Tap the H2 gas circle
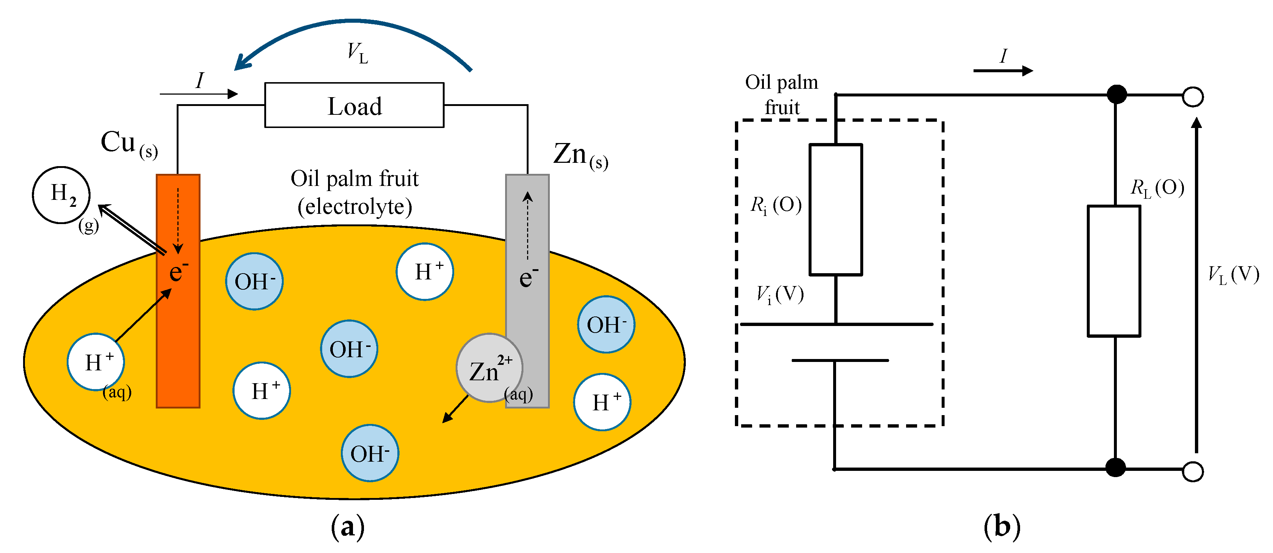click(x=61, y=195)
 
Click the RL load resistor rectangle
click(x=1114, y=271)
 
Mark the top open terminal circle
click(x=1192, y=96)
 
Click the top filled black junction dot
click(x=1116, y=94)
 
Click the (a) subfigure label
click(x=347, y=526)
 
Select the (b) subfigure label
click(x=1002, y=526)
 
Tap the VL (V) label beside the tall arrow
click(x=1233, y=275)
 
